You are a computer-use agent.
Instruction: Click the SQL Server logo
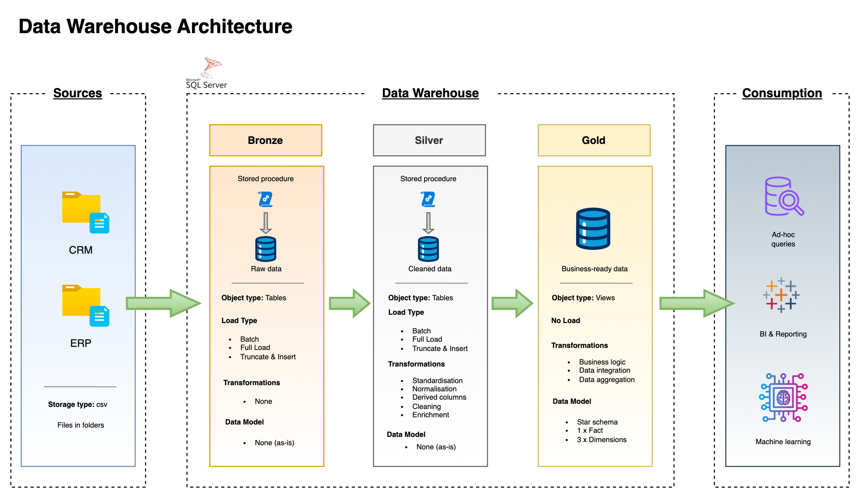tap(208, 72)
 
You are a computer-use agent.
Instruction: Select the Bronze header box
tap(265, 140)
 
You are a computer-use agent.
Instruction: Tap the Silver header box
tap(429, 140)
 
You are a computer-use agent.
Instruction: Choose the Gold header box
tap(594, 140)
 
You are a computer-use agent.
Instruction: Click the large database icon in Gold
tap(593, 228)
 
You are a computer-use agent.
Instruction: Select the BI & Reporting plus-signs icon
tap(781, 295)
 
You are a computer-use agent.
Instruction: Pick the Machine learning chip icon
tap(783, 398)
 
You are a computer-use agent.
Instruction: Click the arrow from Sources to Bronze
tap(162, 303)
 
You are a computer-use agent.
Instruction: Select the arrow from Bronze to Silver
tap(349, 303)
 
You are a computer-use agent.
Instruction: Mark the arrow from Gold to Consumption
tap(696, 303)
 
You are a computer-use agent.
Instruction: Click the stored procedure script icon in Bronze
tap(265, 199)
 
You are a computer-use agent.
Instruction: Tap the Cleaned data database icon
tap(428, 249)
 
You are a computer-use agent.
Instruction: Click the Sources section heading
tap(77, 93)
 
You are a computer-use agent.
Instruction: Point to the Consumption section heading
tap(782, 93)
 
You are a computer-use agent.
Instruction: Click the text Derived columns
tap(439, 397)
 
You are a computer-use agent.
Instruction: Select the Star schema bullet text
tap(597, 422)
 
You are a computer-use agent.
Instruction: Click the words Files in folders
tap(80, 425)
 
